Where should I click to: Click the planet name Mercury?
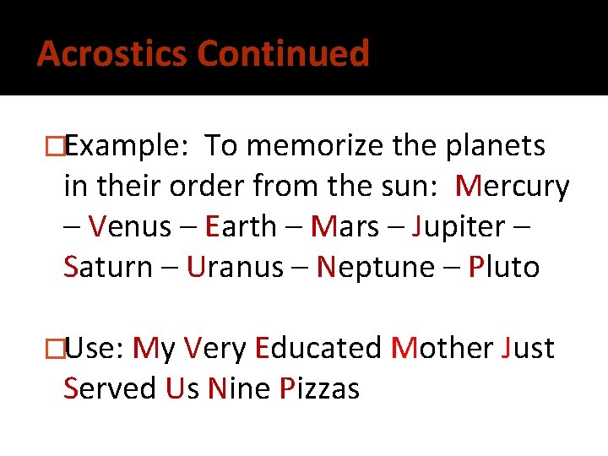[513, 187]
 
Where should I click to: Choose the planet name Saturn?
[107, 267]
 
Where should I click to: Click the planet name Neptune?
[375, 268]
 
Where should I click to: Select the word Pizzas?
[320, 388]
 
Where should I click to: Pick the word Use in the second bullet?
[95, 348]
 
